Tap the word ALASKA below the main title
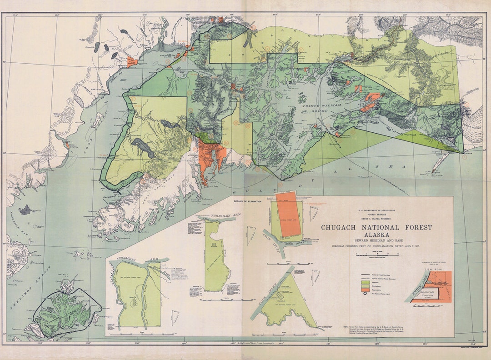click(376, 235)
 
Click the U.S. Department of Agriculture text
click(376, 210)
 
